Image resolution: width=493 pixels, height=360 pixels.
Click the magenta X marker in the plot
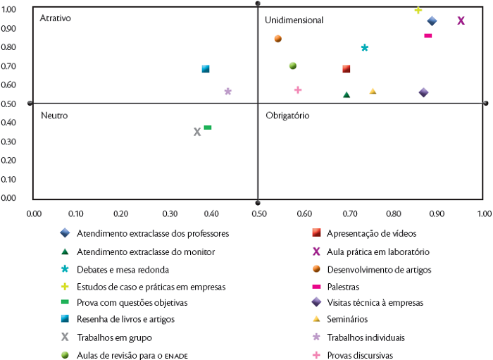click(461, 20)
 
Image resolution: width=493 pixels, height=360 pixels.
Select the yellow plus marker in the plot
click(418, 10)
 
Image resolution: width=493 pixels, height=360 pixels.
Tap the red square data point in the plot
click(347, 69)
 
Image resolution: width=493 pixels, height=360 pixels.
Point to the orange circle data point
click(278, 39)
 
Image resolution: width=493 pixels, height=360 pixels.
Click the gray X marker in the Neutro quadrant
click(197, 132)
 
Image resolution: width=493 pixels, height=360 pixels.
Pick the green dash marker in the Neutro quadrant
click(208, 128)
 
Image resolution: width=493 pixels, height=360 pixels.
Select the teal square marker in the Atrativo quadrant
click(206, 69)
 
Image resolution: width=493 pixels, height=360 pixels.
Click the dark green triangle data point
click(347, 94)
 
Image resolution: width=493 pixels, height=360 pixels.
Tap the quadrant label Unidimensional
click(294, 20)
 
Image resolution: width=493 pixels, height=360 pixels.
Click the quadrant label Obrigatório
click(287, 115)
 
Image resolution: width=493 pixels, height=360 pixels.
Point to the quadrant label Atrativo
click(56, 18)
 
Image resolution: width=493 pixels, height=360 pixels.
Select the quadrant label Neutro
click(54, 115)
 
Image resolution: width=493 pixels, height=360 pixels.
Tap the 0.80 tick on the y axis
click(9, 47)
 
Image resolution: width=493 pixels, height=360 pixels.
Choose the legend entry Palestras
click(343, 286)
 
